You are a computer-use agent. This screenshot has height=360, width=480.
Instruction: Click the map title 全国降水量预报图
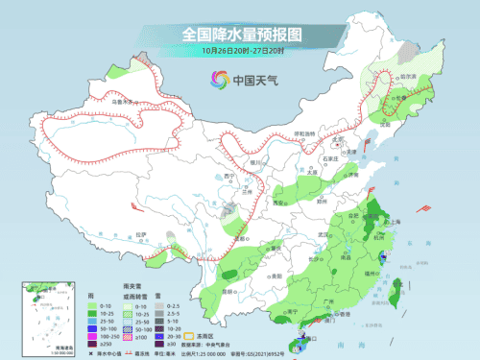coord(240,34)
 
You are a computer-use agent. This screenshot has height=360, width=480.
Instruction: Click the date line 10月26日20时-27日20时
coord(240,51)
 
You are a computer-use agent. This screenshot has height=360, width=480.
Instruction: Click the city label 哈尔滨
coord(408,77)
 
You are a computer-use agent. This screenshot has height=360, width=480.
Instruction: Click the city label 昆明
coord(228,289)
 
